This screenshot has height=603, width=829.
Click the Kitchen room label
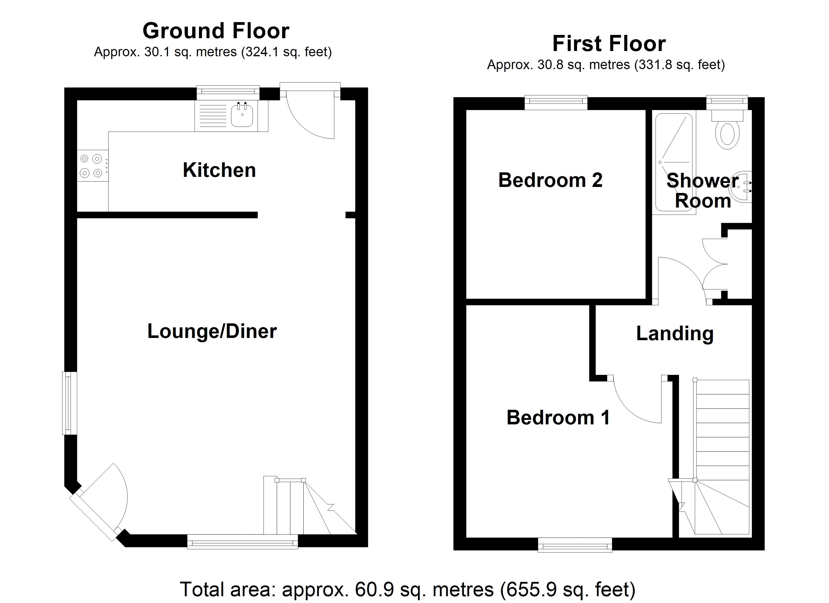pyautogui.click(x=219, y=170)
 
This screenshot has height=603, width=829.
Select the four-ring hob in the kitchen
pyautogui.click(x=92, y=166)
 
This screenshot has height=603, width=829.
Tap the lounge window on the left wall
pyautogui.click(x=69, y=403)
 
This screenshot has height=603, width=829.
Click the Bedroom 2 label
pyautogui.click(x=550, y=180)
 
